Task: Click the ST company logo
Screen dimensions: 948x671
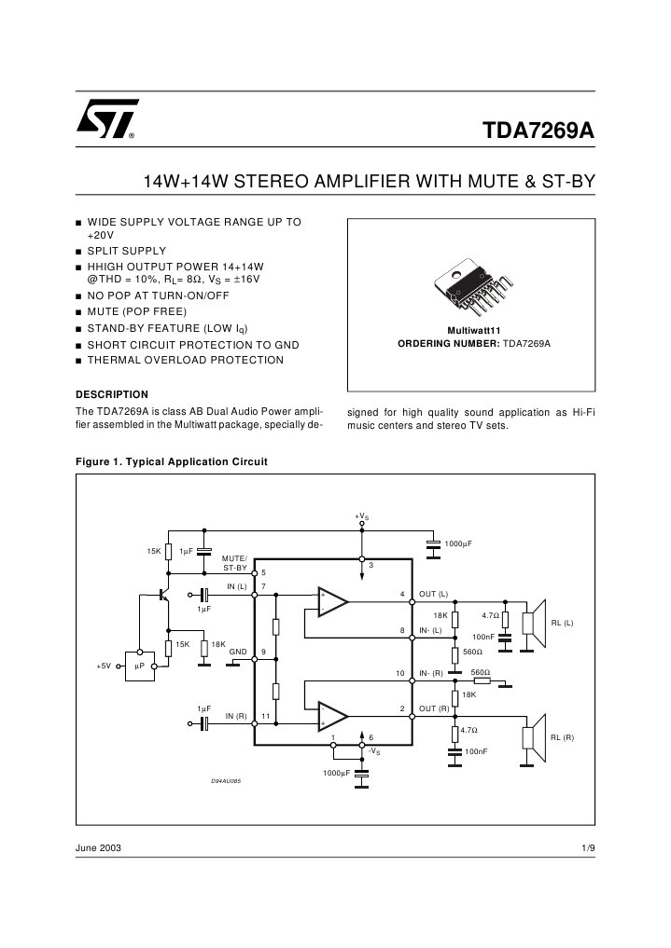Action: point(107,119)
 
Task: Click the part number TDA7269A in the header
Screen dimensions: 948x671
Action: point(538,129)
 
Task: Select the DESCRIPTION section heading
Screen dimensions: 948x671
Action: point(111,393)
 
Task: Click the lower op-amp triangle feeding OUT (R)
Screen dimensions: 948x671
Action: point(331,715)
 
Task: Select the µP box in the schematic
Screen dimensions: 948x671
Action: point(138,666)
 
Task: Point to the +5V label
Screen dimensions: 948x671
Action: point(105,666)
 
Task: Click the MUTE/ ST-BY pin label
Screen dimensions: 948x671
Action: point(234,562)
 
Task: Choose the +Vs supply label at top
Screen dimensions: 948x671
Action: point(361,515)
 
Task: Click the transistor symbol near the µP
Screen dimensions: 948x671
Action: point(163,593)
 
